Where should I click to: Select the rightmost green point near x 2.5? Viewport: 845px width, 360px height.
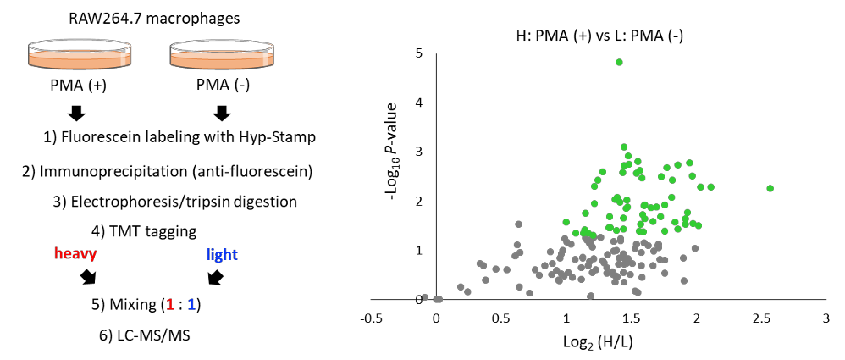pos(770,188)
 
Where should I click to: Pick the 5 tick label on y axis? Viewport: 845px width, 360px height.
pos(418,53)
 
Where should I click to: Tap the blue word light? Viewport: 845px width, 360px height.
pos(222,254)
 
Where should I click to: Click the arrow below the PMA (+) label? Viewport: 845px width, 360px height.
pos(78,113)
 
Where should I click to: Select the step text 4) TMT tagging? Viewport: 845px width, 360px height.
pos(145,232)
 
